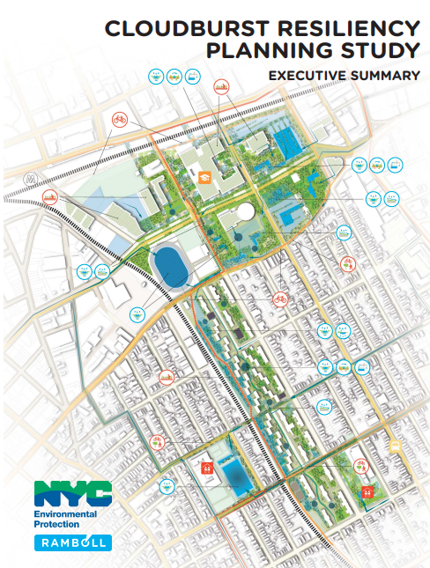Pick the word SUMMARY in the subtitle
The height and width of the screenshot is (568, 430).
[x=386, y=76]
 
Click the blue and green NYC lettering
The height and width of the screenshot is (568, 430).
[x=72, y=492]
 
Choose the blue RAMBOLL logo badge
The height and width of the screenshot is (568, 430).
[x=72, y=542]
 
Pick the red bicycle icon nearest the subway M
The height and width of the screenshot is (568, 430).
[x=120, y=118]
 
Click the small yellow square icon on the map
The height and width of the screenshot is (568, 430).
[x=396, y=446]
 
